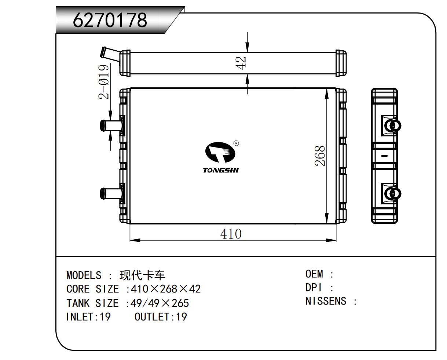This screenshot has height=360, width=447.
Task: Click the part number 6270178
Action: point(110,20)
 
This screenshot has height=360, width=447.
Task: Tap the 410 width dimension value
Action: point(231,234)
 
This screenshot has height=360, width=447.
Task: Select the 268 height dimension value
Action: point(320,156)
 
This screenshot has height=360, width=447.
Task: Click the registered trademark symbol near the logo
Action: point(236,143)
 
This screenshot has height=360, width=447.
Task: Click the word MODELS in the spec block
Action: point(84,275)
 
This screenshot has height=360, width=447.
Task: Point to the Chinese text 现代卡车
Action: point(143,275)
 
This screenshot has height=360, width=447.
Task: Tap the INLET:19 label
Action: point(88,317)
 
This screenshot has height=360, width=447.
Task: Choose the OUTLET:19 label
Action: point(161,317)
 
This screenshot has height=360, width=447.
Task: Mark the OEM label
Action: point(314,274)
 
